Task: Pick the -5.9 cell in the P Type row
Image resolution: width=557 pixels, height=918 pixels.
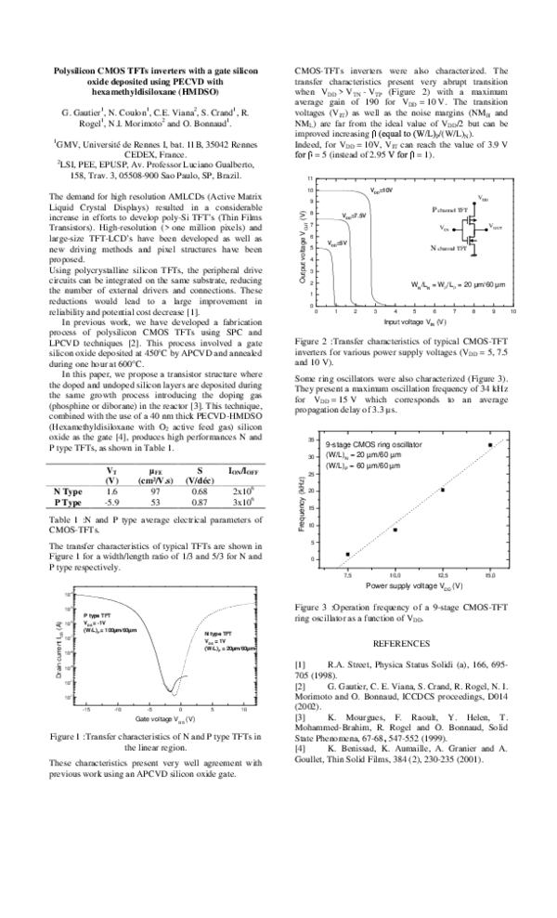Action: pyautogui.click(x=111, y=502)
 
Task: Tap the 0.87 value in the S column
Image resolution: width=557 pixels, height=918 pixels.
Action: pyautogui.click(x=198, y=502)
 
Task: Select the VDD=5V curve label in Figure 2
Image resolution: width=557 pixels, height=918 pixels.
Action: pyautogui.click(x=337, y=243)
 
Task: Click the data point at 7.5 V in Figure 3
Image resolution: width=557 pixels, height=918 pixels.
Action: pyautogui.click(x=348, y=554)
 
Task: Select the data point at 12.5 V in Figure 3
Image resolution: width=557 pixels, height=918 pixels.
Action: pyautogui.click(x=443, y=490)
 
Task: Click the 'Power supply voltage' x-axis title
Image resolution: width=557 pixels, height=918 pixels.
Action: pyautogui.click(x=408, y=587)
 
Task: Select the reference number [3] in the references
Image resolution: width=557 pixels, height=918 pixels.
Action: pyautogui.click(x=300, y=716)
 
